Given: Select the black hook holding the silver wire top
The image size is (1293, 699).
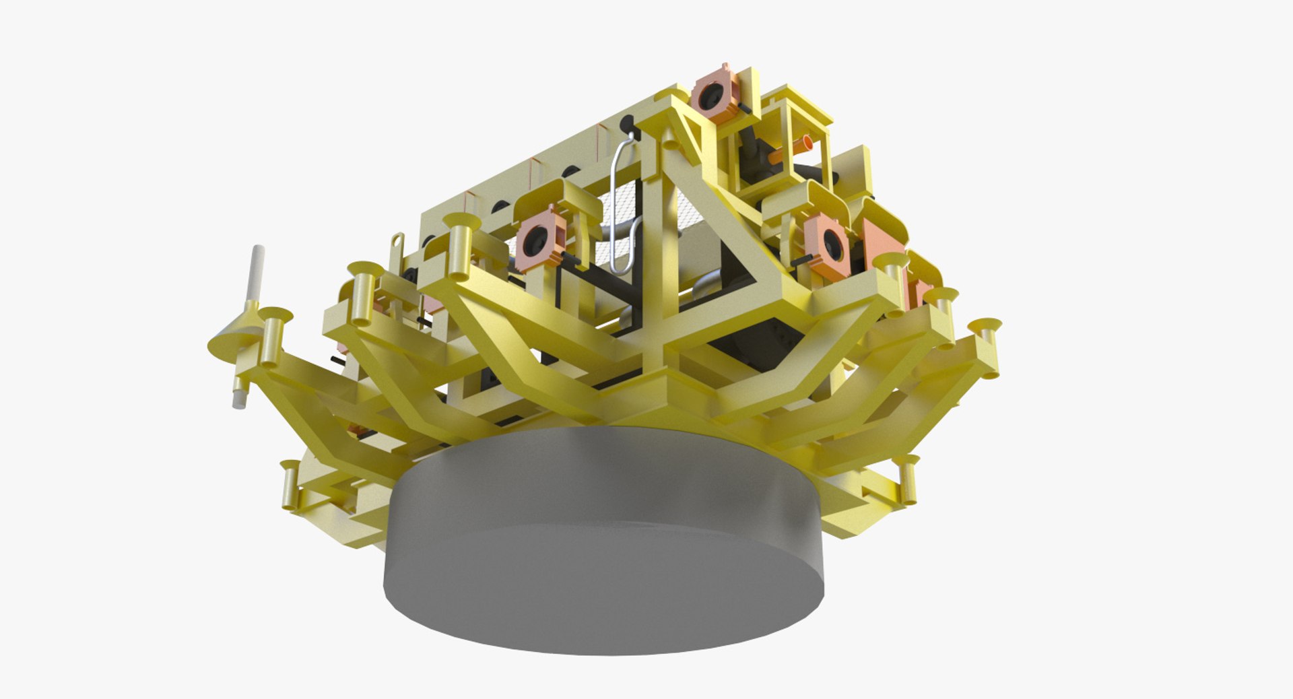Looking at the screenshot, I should (627, 125).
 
